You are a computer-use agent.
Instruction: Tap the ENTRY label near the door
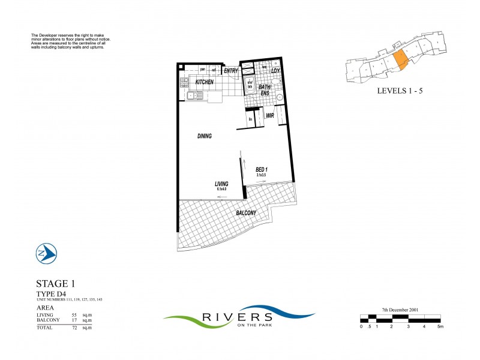tap(231, 71)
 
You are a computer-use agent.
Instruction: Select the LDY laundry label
tap(275, 71)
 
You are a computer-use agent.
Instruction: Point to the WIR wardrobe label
tap(270, 115)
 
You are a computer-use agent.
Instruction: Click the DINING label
tap(205, 136)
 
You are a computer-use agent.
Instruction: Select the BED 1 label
tap(261, 170)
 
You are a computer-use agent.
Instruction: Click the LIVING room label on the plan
tap(223, 184)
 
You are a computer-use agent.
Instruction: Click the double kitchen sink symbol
tap(196, 95)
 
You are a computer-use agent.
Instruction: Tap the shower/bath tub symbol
tap(250, 85)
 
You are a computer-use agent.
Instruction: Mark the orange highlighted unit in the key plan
tap(399, 60)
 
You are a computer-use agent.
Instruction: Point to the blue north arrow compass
tap(46, 254)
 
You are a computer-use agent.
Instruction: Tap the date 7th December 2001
tap(400, 310)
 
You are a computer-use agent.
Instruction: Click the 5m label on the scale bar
tap(440, 326)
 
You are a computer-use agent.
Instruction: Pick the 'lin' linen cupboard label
tap(250, 119)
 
